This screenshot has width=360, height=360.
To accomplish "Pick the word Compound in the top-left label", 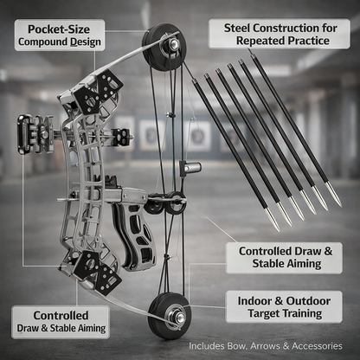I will (x=41, y=41).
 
